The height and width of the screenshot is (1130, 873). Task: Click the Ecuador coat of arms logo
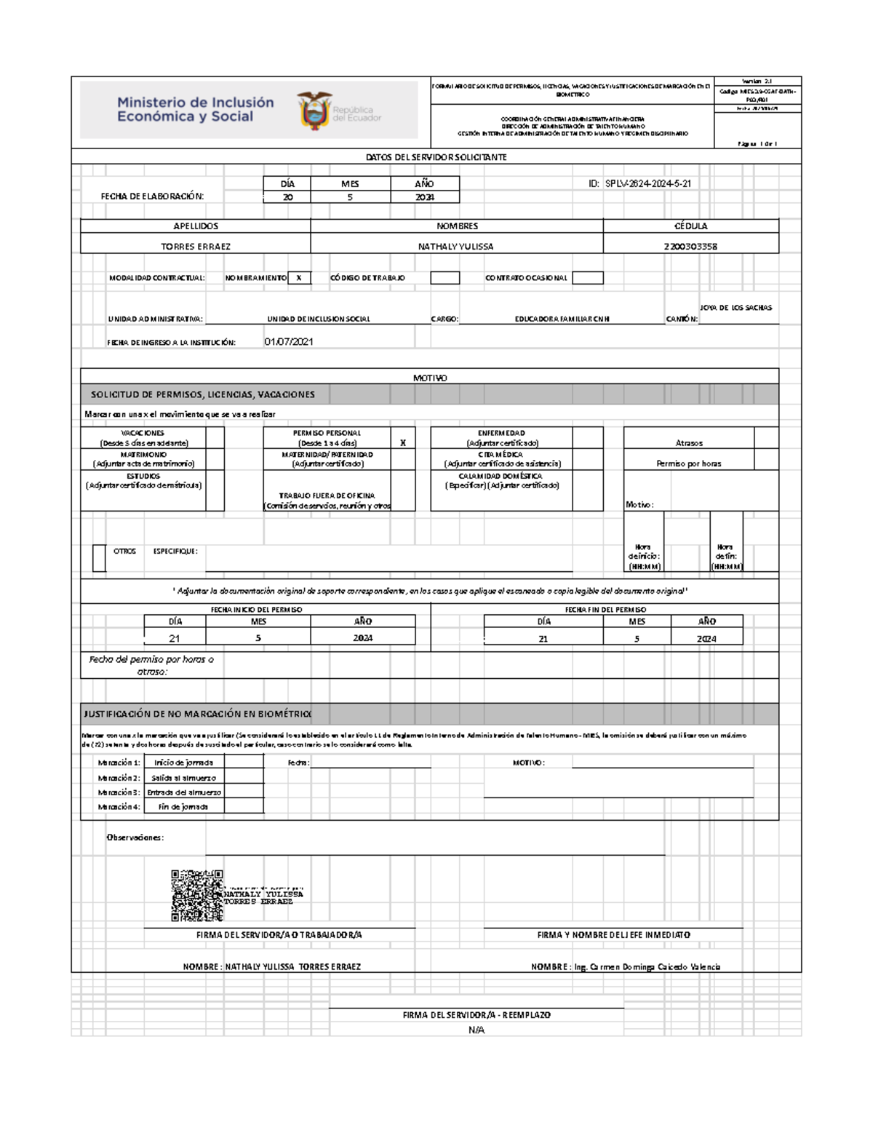(x=314, y=111)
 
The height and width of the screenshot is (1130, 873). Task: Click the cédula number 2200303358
(x=690, y=247)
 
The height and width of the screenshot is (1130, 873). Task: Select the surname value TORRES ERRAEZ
(x=195, y=247)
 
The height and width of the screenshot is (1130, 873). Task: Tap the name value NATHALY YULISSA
(x=455, y=247)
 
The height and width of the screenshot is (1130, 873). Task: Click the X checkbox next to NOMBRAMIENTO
(x=299, y=278)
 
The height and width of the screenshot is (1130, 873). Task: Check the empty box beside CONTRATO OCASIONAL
(x=587, y=278)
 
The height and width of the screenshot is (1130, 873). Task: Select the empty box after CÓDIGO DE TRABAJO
(x=445, y=278)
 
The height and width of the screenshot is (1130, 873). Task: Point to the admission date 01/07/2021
(x=289, y=342)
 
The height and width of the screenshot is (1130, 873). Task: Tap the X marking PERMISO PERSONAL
(x=403, y=442)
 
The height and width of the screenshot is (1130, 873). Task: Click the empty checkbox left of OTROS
(x=100, y=558)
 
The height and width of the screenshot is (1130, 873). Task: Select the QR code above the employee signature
(x=196, y=895)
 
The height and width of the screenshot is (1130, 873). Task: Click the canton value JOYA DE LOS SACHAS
(x=736, y=308)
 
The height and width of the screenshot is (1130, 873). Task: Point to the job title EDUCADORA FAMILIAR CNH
(x=562, y=319)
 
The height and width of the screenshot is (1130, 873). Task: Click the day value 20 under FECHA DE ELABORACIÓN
(x=287, y=197)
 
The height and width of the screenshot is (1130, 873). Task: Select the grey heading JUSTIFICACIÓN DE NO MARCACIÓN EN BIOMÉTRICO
(x=197, y=714)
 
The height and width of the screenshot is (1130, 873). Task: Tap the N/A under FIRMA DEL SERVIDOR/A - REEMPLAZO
(x=477, y=1030)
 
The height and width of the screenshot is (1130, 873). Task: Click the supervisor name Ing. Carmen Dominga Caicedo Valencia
(x=647, y=967)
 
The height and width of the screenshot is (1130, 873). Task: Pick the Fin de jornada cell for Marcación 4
(x=183, y=806)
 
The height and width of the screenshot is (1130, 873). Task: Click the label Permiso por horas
(x=688, y=463)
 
